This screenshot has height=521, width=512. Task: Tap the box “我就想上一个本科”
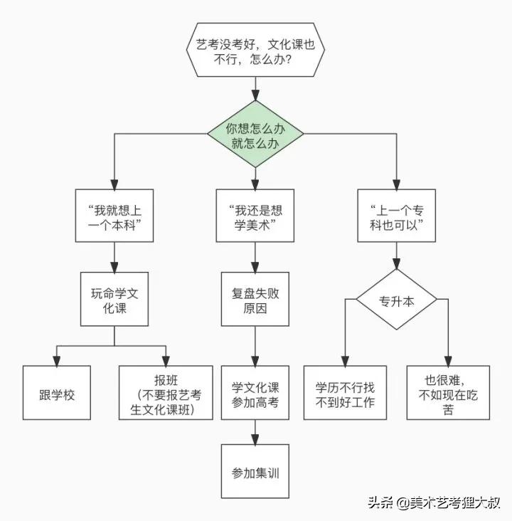coord(113,216)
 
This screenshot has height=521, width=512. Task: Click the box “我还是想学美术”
coord(255,216)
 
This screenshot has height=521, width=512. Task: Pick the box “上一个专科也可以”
coord(397,216)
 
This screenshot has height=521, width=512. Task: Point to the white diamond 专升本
coord(397,300)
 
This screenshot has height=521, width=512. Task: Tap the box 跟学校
coord(57,393)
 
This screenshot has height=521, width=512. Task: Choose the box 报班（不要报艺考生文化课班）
coord(166,393)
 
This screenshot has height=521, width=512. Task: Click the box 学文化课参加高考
coord(255,393)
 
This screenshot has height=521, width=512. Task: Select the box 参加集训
coord(255,472)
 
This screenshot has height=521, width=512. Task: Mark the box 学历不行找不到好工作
coord(345,393)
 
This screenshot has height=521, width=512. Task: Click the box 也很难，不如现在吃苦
coord(448,393)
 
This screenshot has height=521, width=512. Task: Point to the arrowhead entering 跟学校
coord(57,360)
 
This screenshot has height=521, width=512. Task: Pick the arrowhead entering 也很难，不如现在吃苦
coord(448,360)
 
